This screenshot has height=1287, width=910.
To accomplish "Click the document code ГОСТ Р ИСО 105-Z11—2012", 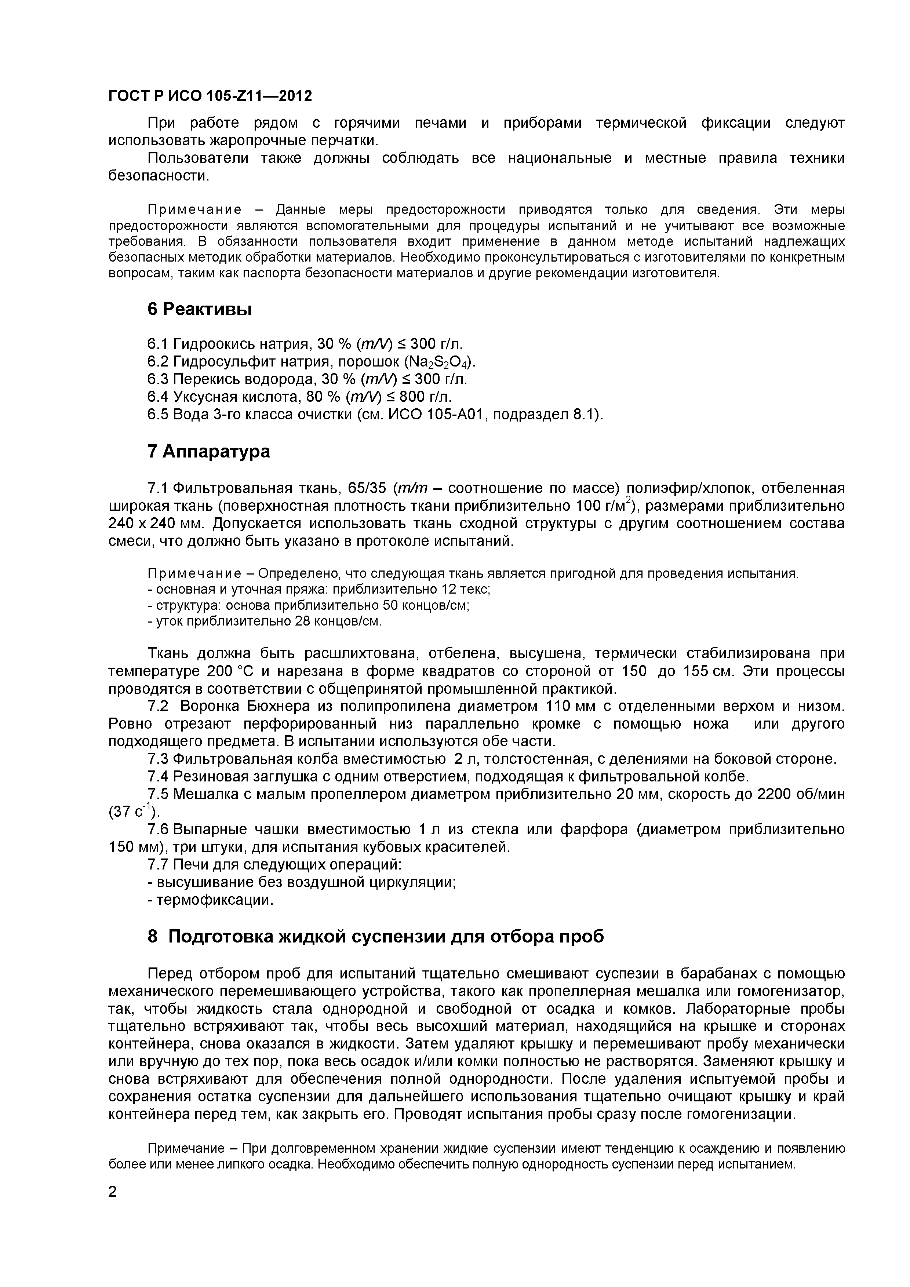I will (x=210, y=96).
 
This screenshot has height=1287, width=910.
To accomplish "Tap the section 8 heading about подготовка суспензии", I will (x=376, y=937).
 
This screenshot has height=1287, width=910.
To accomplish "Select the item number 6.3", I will (x=158, y=379).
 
